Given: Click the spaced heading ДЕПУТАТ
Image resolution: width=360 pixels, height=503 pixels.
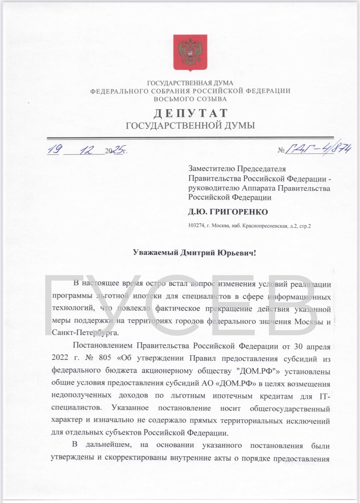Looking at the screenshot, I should tap(190, 113).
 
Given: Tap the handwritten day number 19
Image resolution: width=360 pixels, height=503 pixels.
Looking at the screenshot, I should tap(53, 150).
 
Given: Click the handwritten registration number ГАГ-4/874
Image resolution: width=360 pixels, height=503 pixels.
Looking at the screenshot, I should tap(319, 149).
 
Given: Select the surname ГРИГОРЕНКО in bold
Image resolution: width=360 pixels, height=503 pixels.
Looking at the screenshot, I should tap(238, 212).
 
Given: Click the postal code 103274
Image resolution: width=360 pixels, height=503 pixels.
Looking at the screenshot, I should tap(196, 226).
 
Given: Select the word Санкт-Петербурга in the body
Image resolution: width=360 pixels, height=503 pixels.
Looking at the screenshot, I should tap(85, 333).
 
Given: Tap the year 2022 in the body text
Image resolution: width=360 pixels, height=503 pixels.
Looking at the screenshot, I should tap(60, 358).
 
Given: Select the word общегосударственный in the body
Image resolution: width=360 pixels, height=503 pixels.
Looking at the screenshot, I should tap(290, 408).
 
